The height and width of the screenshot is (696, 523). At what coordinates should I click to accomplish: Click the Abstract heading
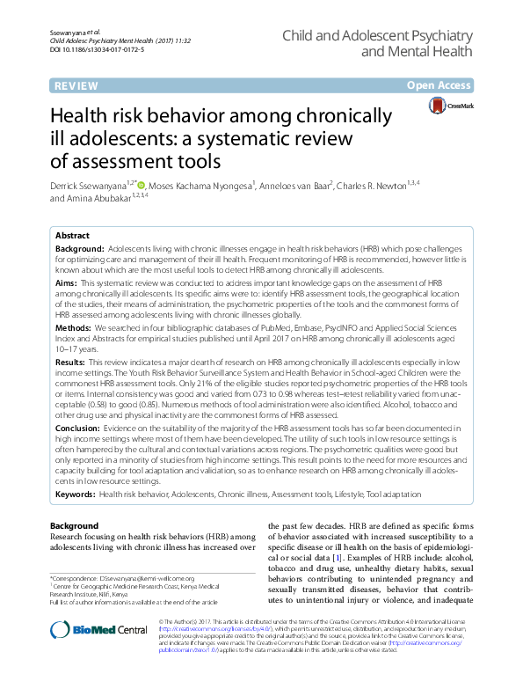pyautogui.click(x=72, y=236)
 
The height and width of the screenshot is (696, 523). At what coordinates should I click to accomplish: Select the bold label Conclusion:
pyautogui.click(x=78, y=427)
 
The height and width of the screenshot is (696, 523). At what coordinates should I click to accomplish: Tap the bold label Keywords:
pyautogui.click(x=76, y=495)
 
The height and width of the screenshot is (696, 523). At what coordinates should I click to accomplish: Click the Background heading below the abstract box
pyautogui.click(x=74, y=525)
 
